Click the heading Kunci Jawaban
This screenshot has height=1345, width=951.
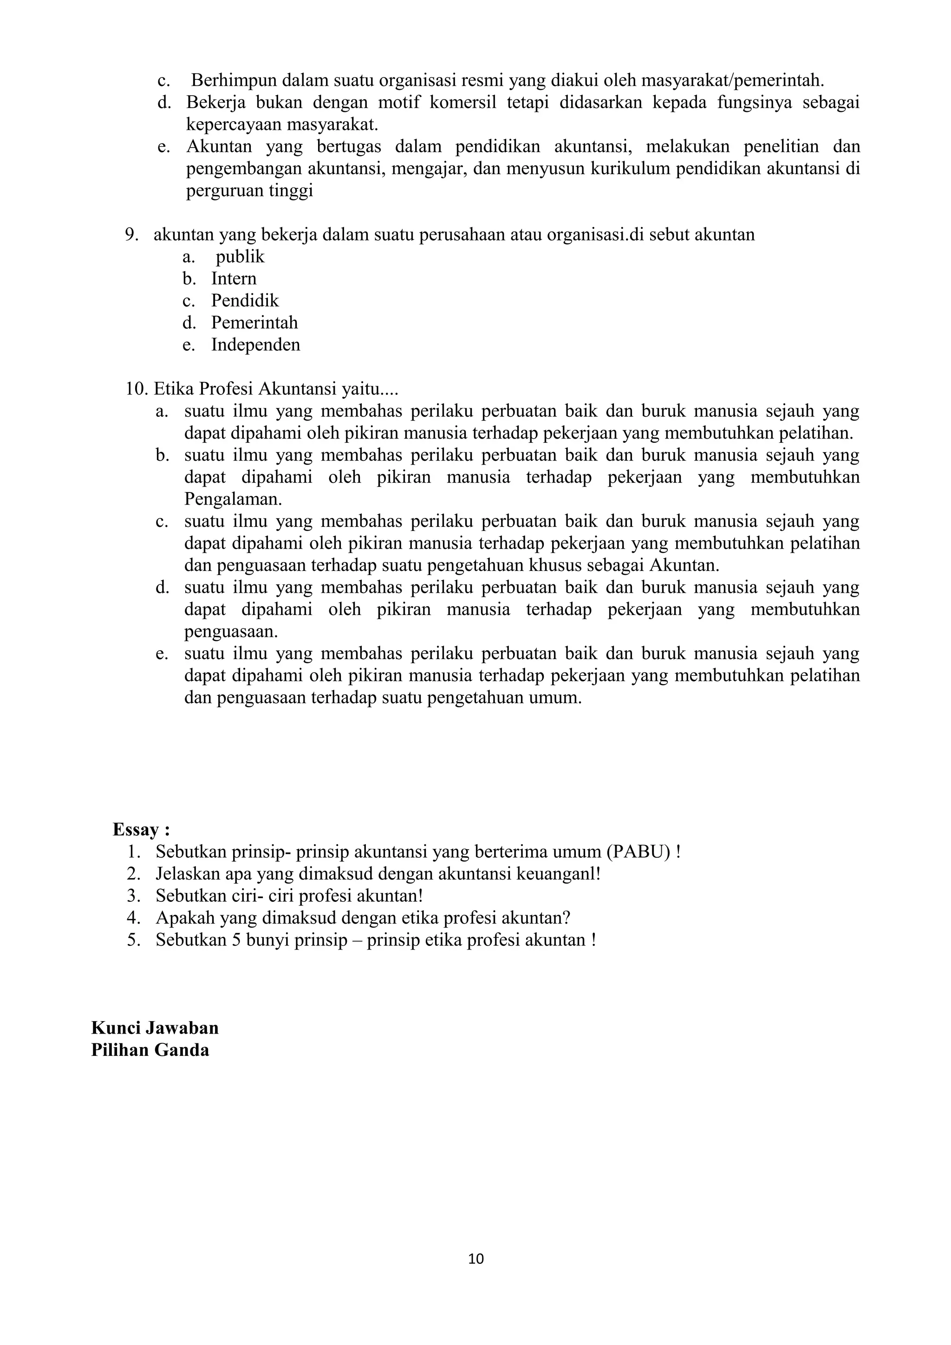point(155,1028)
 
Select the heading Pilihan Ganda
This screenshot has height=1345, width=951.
point(150,1050)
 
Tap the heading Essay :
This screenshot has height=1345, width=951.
point(141,829)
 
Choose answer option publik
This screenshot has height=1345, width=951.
point(240,257)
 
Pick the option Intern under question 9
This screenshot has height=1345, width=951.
point(234,278)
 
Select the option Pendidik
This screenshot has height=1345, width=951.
point(245,301)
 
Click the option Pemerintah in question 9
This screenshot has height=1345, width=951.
point(254,322)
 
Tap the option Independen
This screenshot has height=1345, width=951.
point(255,344)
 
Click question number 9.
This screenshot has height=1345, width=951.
point(131,235)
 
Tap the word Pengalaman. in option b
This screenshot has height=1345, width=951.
point(233,499)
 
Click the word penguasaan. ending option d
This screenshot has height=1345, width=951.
point(231,632)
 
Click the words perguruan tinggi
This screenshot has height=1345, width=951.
point(250,191)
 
